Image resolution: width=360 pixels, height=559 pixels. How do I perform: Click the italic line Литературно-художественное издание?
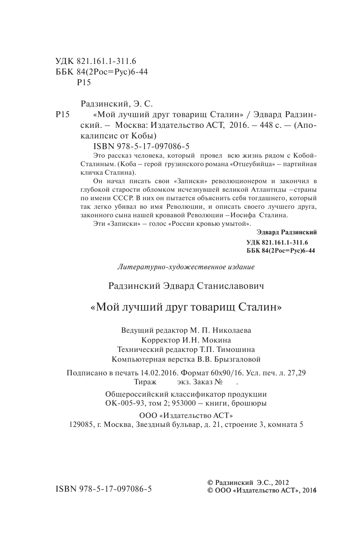coord(185,267)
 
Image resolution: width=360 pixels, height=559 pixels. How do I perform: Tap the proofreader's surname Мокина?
coord(217,340)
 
